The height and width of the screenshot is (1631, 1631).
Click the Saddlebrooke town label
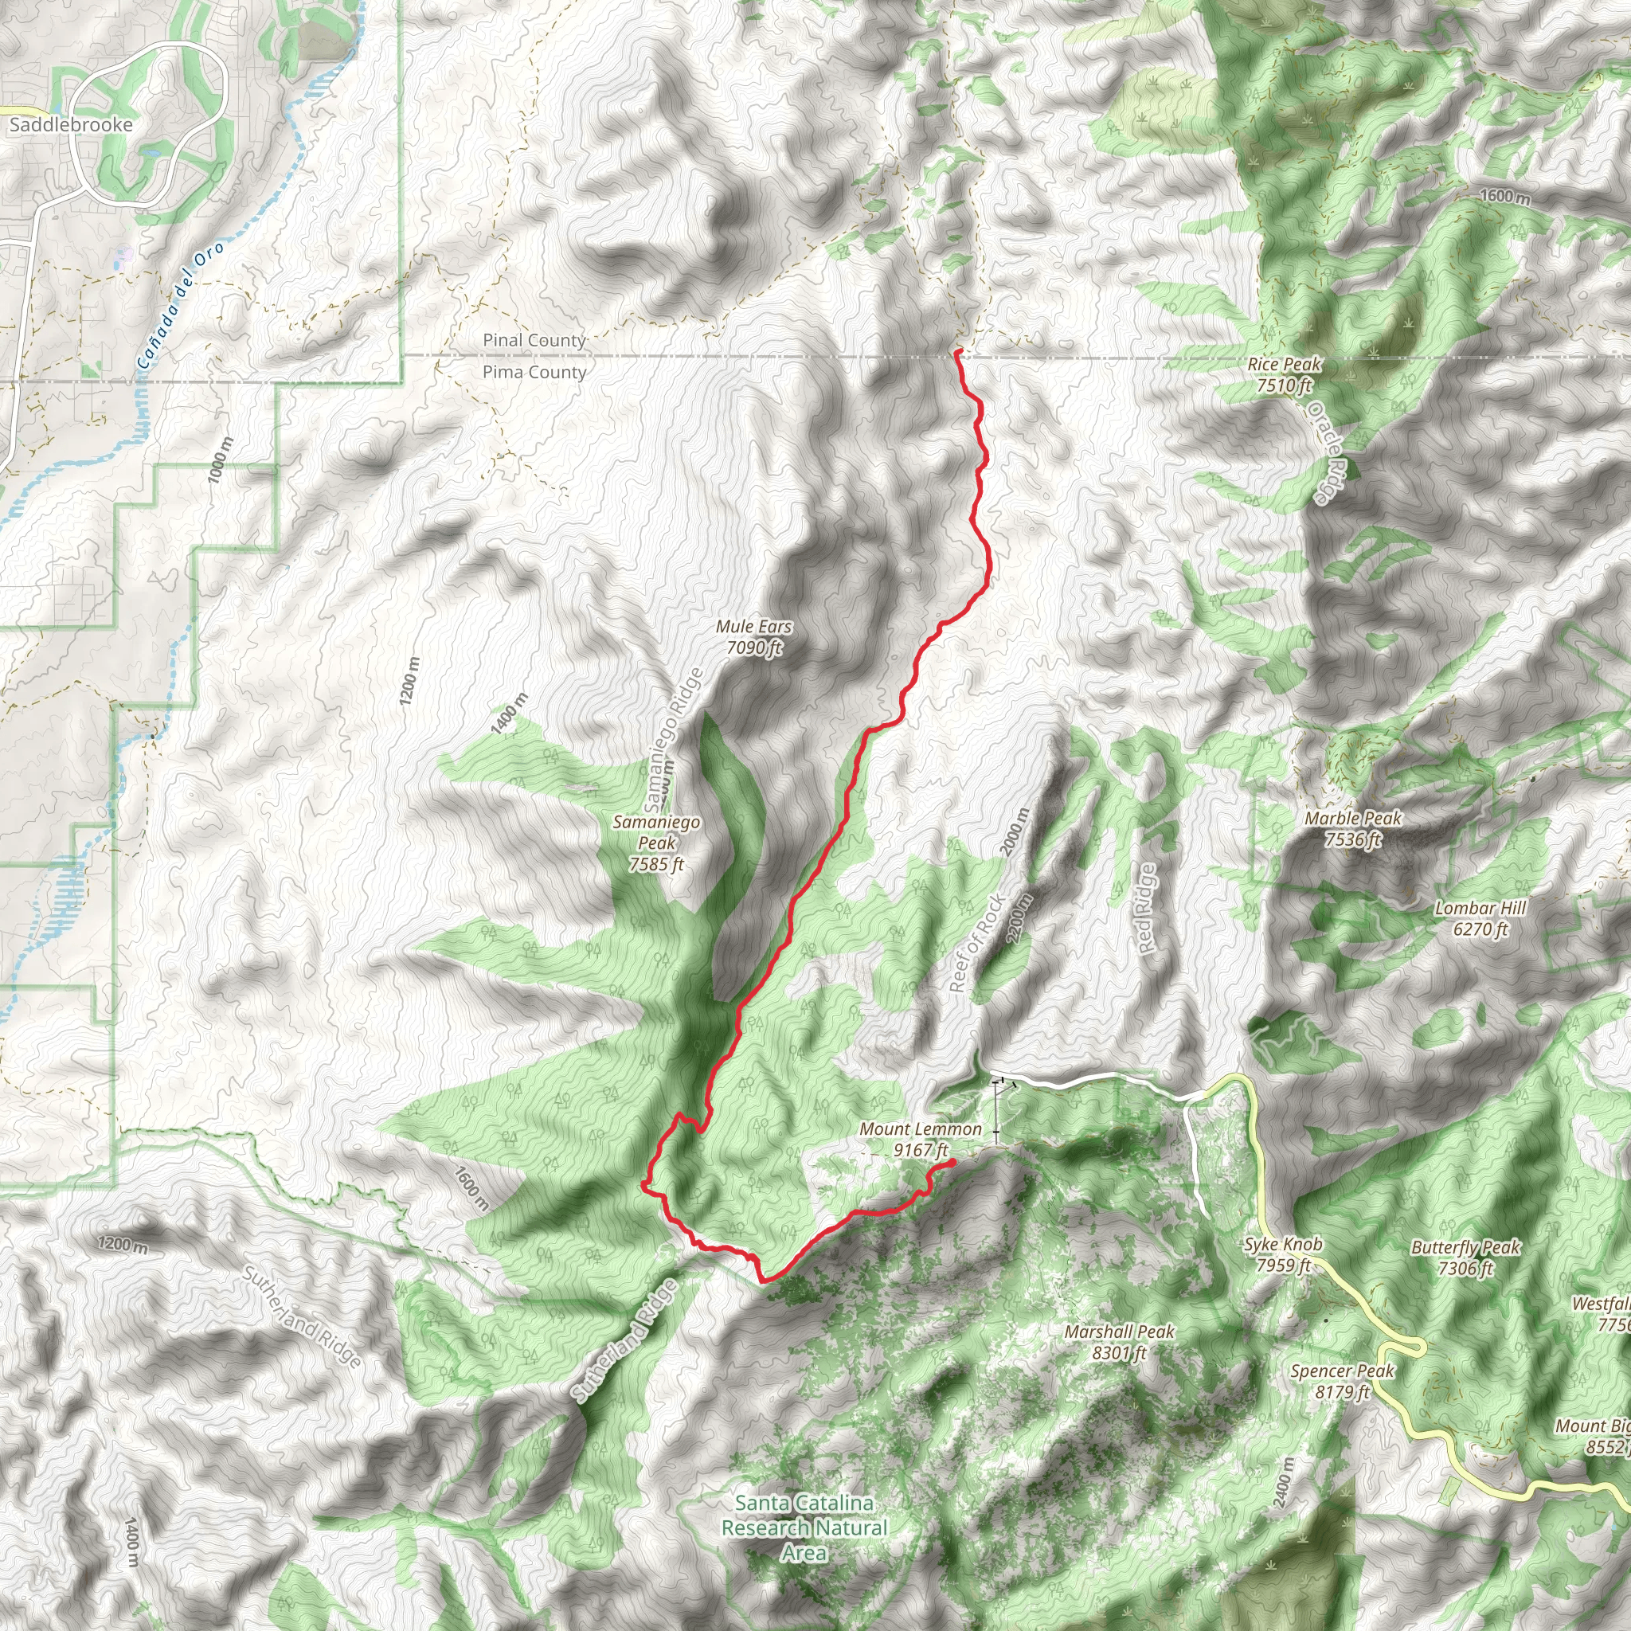(71, 125)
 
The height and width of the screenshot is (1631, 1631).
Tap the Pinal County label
(534, 340)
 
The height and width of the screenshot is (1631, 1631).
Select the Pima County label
(534, 372)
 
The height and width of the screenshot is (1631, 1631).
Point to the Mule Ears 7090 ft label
(753, 637)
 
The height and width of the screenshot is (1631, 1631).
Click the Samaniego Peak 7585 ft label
(656, 843)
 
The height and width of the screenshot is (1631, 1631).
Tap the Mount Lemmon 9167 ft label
(920, 1139)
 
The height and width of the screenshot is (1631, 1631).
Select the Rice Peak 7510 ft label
(1284, 375)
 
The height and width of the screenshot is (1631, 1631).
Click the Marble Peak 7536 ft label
(1352, 828)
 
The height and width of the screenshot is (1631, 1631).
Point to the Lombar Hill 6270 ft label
(1480, 918)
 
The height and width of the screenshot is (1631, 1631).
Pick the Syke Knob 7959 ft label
(1282, 1254)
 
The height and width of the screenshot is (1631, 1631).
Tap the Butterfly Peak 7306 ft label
(1465, 1257)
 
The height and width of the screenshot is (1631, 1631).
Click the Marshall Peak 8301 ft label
(1120, 1341)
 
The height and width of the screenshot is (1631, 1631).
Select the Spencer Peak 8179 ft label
(1342, 1381)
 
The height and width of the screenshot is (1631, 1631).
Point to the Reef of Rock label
(976, 943)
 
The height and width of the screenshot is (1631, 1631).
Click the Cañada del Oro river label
(181, 306)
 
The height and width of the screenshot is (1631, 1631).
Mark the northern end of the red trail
(956, 350)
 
